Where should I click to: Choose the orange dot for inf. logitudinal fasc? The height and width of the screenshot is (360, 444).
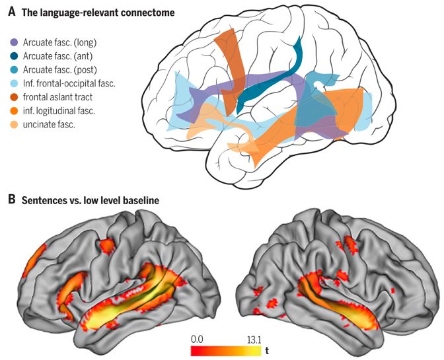15,110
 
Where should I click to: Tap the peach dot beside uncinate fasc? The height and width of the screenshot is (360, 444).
15,124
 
